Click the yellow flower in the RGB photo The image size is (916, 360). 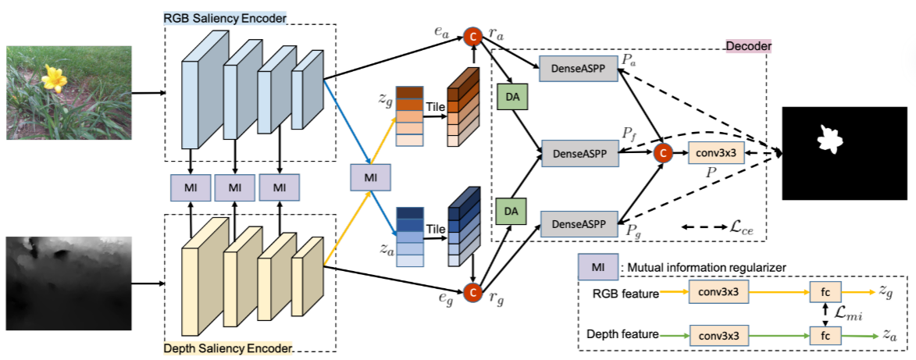(52, 78)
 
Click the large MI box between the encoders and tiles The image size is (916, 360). (371, 178)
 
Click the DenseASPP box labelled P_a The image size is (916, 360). (579, 69)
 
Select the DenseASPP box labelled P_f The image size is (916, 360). (579, 153)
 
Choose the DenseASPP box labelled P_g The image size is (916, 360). (579, 224)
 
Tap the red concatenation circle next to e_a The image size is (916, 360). (472, 36)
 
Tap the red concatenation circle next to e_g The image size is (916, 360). (472, 292)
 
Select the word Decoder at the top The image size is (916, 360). (748, 47)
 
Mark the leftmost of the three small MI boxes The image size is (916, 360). (191, 187)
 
